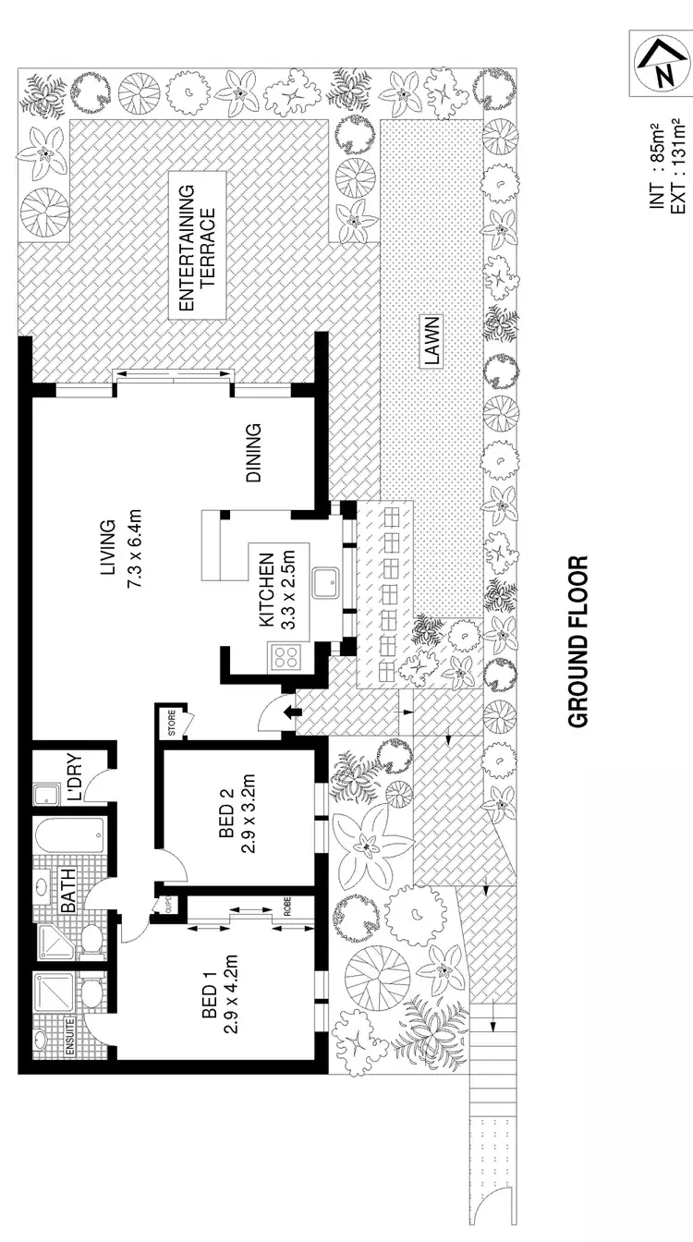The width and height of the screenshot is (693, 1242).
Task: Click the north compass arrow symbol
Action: [660, 64]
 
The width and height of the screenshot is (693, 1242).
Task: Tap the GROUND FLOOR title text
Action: [578, 641]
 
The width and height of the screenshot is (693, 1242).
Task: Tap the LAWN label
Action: [432, 341]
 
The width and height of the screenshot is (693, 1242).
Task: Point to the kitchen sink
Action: [324, 584]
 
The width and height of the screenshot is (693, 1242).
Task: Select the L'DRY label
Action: [75, 778]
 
